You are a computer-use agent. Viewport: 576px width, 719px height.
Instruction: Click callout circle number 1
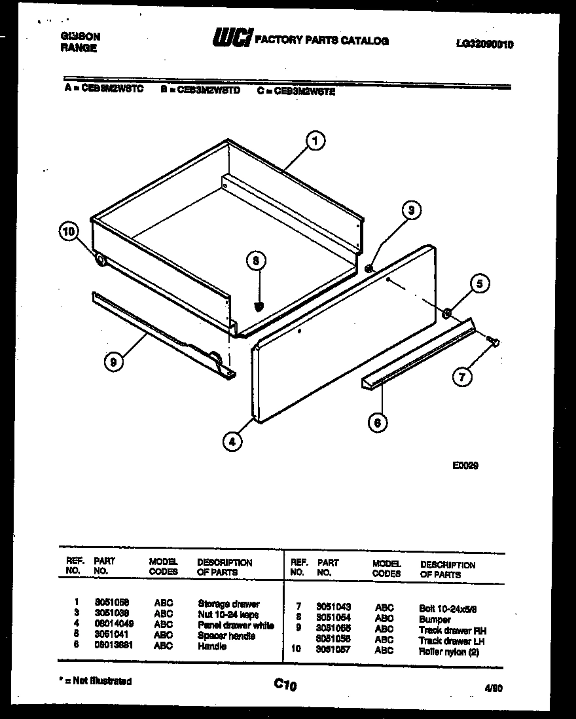[315, 140]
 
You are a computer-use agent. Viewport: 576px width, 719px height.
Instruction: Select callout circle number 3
[411, 210]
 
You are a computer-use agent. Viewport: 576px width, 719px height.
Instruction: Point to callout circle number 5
[480, 284]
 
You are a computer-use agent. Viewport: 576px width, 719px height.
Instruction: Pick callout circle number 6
[377, 423]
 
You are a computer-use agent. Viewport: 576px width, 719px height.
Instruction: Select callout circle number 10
[68, 230]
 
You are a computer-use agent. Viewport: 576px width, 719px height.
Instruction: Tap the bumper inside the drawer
[259, 305]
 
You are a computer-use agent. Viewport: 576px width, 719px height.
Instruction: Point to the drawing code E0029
[465, 466]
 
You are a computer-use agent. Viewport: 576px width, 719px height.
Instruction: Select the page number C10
[285, 685]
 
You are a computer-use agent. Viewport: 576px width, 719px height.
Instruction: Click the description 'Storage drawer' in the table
[228, 604]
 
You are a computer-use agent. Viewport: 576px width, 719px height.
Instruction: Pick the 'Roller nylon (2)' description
[449, 652]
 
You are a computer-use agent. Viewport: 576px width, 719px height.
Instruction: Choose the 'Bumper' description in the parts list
[435, 619]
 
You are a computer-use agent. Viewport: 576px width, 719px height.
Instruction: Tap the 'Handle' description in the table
[211, 646]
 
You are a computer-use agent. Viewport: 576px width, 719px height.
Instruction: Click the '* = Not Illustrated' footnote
[96, 681]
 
